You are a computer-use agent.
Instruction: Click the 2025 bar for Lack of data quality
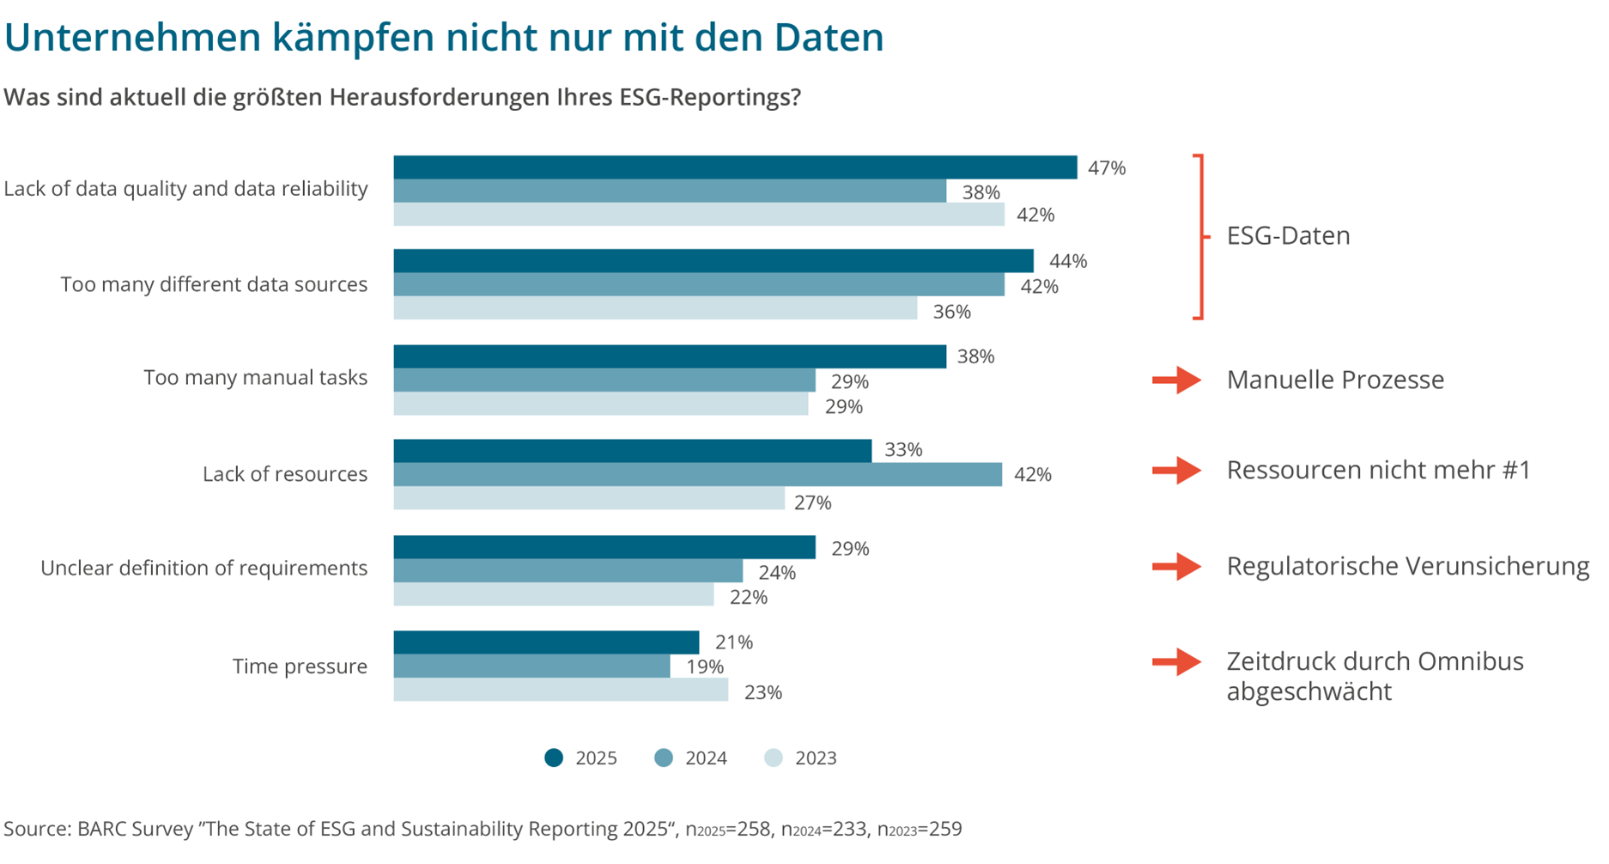pyautogui.click(x=734, y=167)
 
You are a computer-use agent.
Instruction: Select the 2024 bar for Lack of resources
pyautogui.click(x=697, y=474)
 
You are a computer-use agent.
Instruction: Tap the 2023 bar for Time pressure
pyautogui.click(x=561, y=690)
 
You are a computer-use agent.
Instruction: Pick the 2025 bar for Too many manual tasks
pyautogui.click(x=670, y=356)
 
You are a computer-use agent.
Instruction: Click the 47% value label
pyautogui.click(x=1106, y=168)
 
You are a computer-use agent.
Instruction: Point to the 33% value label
pyautogui.click(x=903, y=450)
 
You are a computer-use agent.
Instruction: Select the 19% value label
pyautogui.click(x=704, y=667)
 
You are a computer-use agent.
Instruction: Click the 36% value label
pyautogui.click(x=951, y=312)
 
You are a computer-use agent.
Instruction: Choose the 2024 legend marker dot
pyautogui.click(x=664, y=758)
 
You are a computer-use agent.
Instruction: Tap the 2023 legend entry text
pyautogui.click(x=815, y=758)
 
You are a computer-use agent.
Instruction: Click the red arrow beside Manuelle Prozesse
pyautogui.click(x=1176, y=380)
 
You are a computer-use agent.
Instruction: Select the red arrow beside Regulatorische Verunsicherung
pyautogui.click(x=1176, y=566)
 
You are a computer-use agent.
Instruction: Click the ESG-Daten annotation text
pyautogui.click(x=1288, y=235)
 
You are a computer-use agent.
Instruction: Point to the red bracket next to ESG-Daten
pyautogui.click(x=1200, y=236)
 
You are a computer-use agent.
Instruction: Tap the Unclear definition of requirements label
pyautogui.click(x=203, y=568)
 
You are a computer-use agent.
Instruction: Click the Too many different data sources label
pyautogui.click(x=214, y=284)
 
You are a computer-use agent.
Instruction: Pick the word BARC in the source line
pyautogui.click(x=100, y=829)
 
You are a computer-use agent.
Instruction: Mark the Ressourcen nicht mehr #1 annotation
pyautogui.click(x=1378, y=470)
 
